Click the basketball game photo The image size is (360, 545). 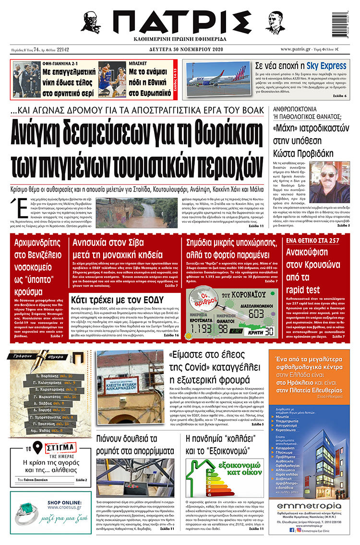112,78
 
